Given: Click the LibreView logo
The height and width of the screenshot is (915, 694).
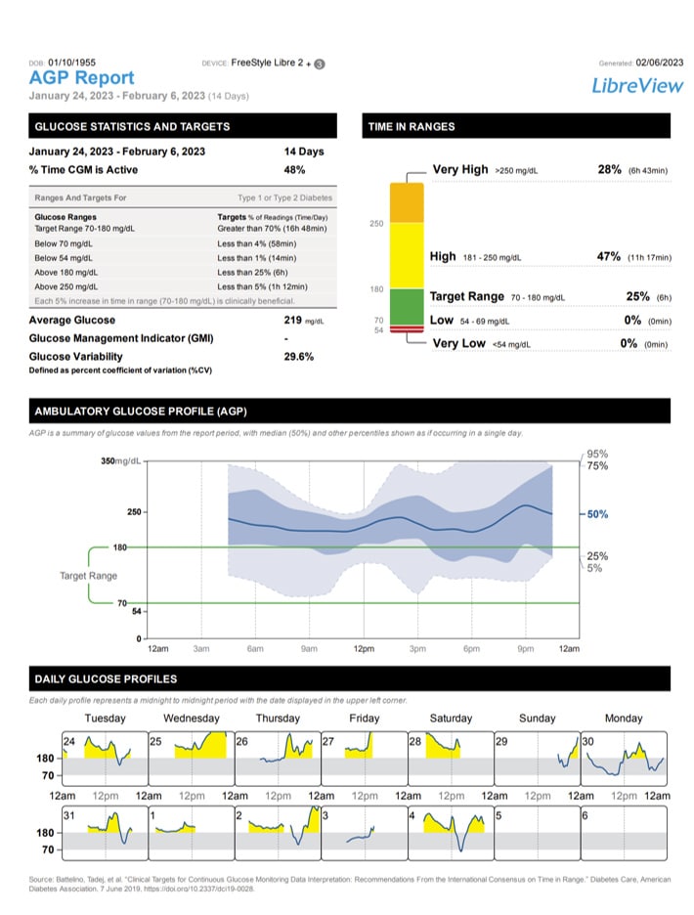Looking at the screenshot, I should point(637,85).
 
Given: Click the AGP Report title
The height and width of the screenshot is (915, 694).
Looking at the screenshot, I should point(82,77).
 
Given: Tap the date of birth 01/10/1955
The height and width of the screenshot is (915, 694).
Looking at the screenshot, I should point(68,62).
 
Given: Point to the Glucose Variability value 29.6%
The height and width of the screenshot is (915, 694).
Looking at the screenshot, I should point(298,357).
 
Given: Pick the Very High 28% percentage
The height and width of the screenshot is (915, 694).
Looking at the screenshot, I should point(609,169).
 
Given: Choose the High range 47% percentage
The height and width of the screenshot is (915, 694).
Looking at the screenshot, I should point(609,256).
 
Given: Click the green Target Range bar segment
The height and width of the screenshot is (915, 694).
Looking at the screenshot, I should point(406,305).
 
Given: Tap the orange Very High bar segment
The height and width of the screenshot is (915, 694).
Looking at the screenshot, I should point(406,202).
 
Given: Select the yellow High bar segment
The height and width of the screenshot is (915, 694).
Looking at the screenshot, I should point(406,255).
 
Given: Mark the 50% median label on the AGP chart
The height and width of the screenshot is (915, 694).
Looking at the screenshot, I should point(597,513).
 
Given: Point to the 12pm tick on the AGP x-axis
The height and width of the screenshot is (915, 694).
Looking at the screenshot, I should point(364,649).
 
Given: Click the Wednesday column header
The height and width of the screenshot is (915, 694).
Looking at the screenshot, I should point(192,719).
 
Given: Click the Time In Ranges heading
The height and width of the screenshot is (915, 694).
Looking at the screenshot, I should point(412,126).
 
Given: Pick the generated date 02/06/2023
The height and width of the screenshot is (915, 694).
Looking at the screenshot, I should point(660,63).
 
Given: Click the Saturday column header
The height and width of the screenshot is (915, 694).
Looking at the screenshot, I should point(451,719).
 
